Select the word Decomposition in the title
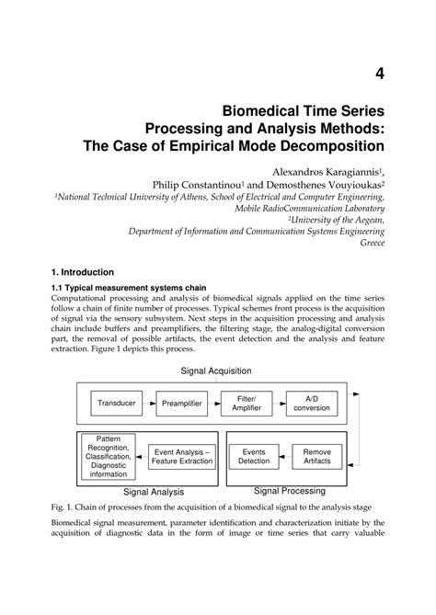coord(325,145)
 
